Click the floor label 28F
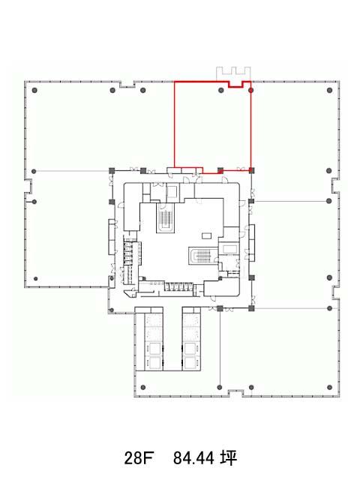point(138,458)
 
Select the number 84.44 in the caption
point(193,458)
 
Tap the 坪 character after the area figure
point(229,458)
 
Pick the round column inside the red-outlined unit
point(221,90)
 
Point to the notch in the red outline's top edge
point(235,84)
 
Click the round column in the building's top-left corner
point(34,90)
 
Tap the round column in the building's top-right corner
point(329,90)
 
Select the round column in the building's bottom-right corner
point(330,388)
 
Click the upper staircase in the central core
point(165,217)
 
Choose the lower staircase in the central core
point(202,256)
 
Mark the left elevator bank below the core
point(149,339)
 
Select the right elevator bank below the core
point(192,339)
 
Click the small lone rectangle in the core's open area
point(207,235)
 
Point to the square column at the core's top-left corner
point(112,171)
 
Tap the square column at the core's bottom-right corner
point(251,308)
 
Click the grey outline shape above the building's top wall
point(233,73)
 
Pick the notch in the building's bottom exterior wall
point(235,393)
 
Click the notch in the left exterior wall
point(28,186)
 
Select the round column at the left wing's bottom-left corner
point(36,279)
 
